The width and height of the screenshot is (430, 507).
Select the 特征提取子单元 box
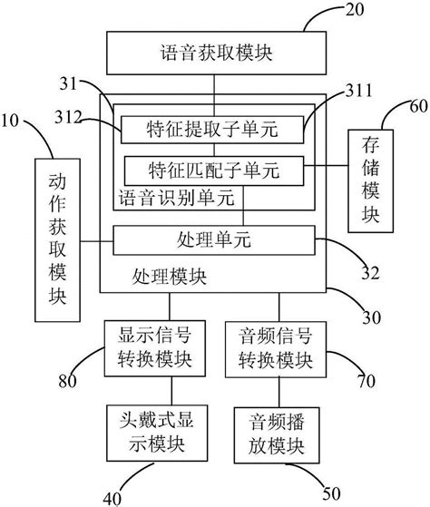click(x=212, y=131)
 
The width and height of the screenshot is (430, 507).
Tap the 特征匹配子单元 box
click(x=214, y=169)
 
